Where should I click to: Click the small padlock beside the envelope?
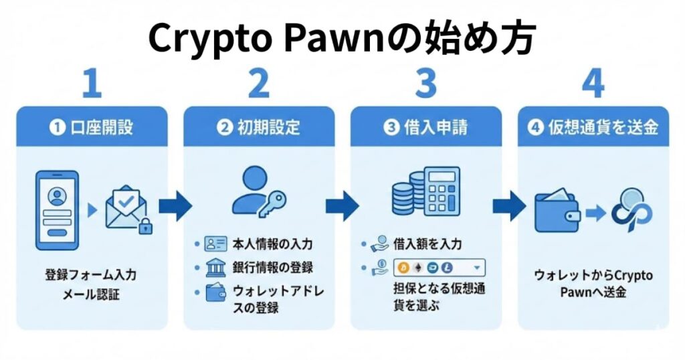(144, 227)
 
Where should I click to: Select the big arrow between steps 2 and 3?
(342, 207)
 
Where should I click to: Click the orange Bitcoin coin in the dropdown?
(403, 268)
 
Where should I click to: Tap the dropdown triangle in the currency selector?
(476, 268)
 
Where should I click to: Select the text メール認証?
(92, 294)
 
